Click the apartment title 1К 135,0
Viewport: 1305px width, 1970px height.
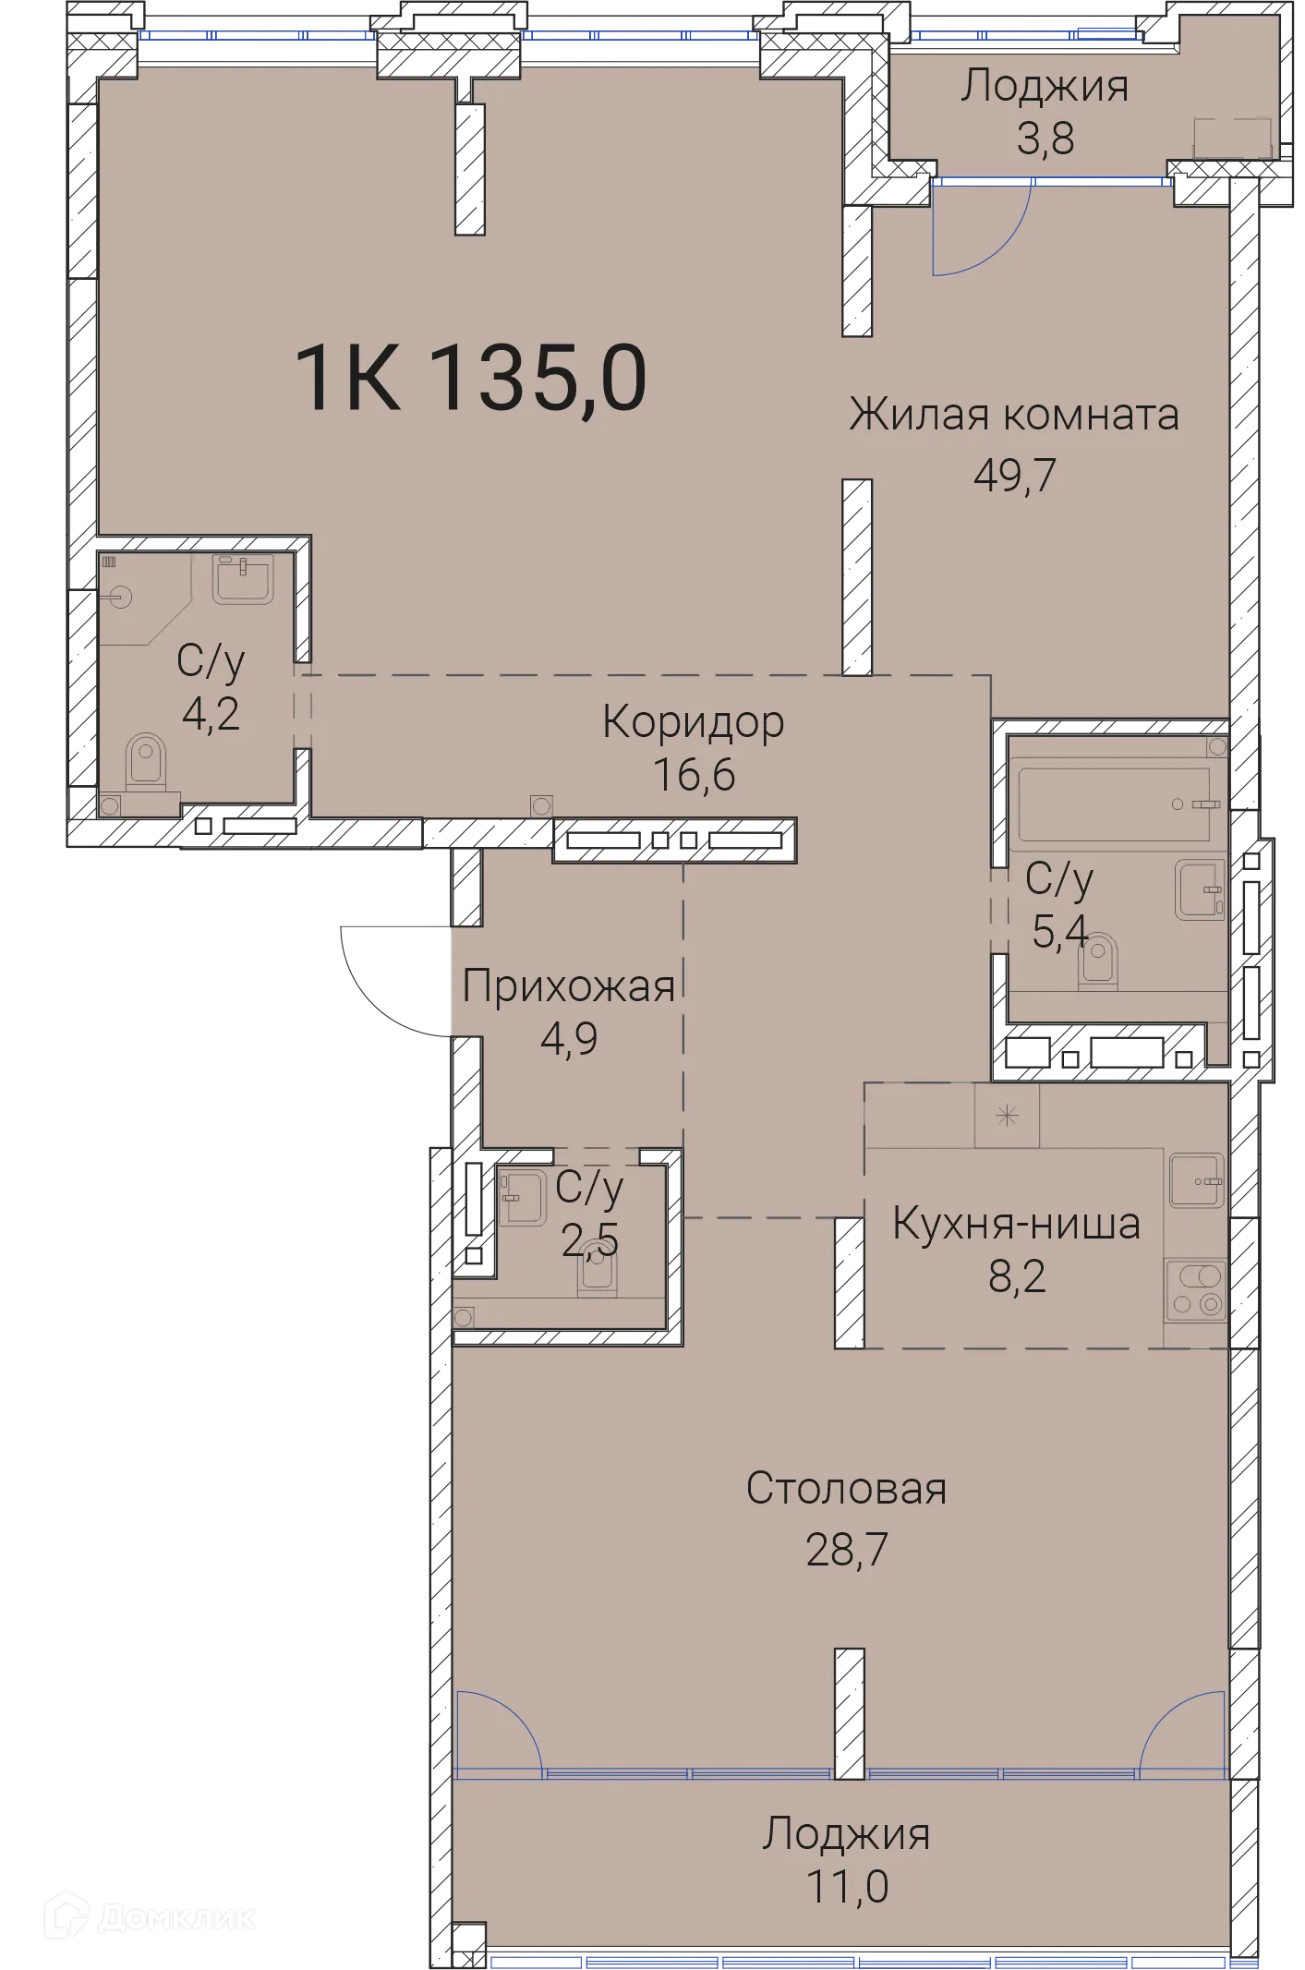(x=471, y=378)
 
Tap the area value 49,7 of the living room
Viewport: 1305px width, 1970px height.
(x=1014, y=475)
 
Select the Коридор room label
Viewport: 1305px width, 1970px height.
(x=693, y=721)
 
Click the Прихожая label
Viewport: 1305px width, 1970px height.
(x=568, y=985)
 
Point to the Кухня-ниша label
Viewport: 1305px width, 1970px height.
(x=1016, y=1224)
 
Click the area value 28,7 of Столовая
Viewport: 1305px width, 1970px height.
(x=846, y=1549)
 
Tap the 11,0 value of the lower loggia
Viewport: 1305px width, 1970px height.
(x=846, y=1885)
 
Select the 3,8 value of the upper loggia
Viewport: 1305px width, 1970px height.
(x=1045, y=139)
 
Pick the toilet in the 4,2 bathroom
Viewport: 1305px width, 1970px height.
(x=145, y=763)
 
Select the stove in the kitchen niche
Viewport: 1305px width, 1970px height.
(x=1195, y=1290)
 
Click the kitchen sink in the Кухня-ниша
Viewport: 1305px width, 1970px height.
(x=1196, y=1180)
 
